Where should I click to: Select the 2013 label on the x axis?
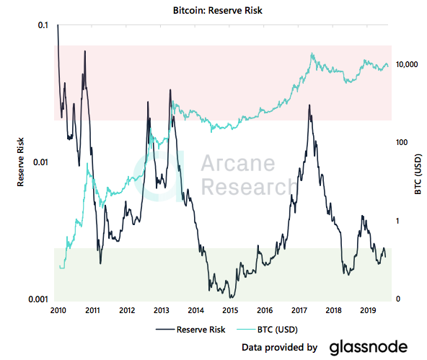[162, 311]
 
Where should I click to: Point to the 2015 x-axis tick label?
[230, 311]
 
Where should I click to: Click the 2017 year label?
[299, 311]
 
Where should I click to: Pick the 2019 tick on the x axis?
[368, 311]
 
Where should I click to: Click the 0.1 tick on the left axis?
[43, 25]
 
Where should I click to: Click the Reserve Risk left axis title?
[22, 162]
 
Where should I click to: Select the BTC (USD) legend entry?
[275, 329]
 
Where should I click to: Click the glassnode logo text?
[369, 347]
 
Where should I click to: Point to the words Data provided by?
[280, 348]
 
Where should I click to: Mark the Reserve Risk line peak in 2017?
[309, 105]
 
